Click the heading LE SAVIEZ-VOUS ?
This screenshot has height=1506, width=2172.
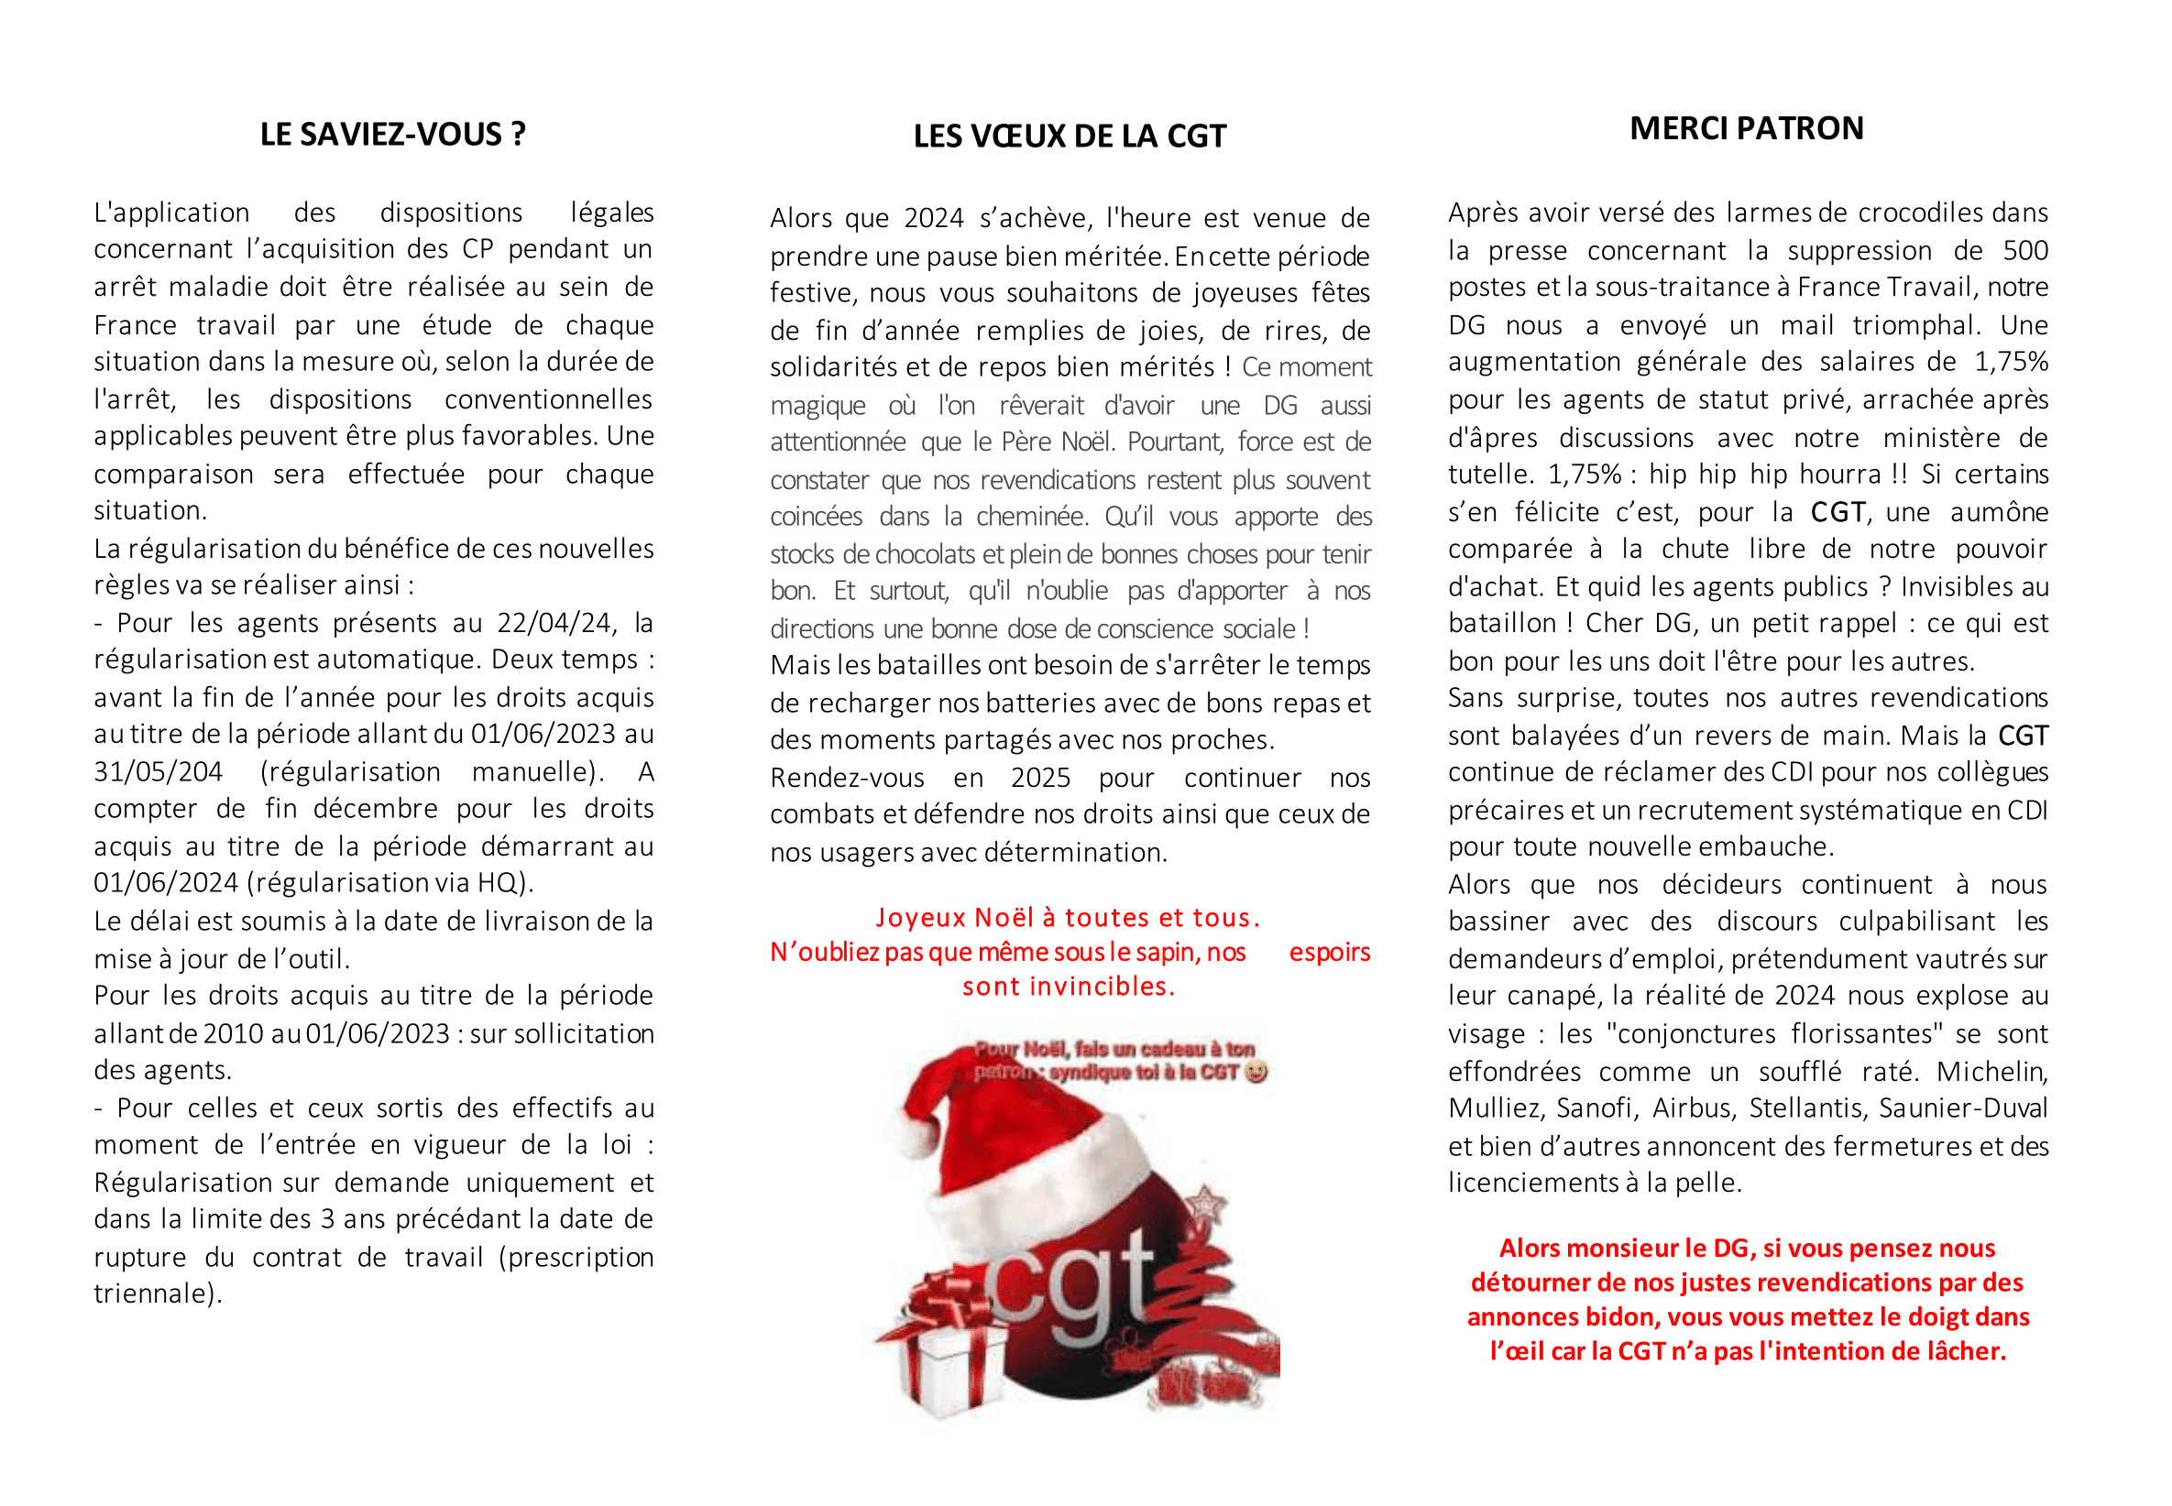pos(392,134)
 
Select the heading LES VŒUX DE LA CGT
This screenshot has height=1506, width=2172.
pos(1069,136)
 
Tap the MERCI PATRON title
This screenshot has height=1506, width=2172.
pos(1745,128)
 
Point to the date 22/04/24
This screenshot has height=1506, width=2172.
pos(554,623)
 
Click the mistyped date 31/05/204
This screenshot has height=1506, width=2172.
pos(158,772)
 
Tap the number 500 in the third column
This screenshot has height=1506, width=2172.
pos(2024,250)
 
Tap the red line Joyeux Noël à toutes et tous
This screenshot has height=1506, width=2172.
pos(1067,917)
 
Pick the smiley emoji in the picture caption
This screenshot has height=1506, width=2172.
pos(1255,1072)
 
